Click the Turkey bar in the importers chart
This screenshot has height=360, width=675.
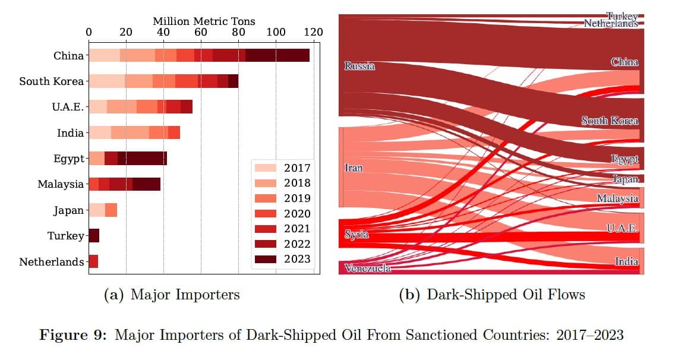point(94,236)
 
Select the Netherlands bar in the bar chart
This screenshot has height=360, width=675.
point(93,261)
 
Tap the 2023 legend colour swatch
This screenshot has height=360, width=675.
point(264,259)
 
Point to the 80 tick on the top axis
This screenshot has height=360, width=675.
point(238,32)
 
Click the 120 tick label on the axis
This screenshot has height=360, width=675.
point(313,32)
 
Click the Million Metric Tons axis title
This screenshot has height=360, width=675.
point(204,21)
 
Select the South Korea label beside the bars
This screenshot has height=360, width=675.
point(51,81)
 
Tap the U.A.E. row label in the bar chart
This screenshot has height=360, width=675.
point(68,107)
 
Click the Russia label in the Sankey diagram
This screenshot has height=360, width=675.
point(359,66)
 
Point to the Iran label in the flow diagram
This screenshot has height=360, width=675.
point(354,168)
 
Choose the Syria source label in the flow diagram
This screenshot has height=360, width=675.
point(357,235)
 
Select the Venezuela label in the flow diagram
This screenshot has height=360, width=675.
point(367,269)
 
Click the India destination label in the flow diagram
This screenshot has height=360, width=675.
point(626,261)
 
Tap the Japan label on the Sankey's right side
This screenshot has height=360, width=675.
point(625,179)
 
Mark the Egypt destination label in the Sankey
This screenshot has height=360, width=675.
point(624,159)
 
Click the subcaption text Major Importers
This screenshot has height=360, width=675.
point(185,295)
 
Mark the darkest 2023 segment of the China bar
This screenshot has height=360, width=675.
point(277,56)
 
